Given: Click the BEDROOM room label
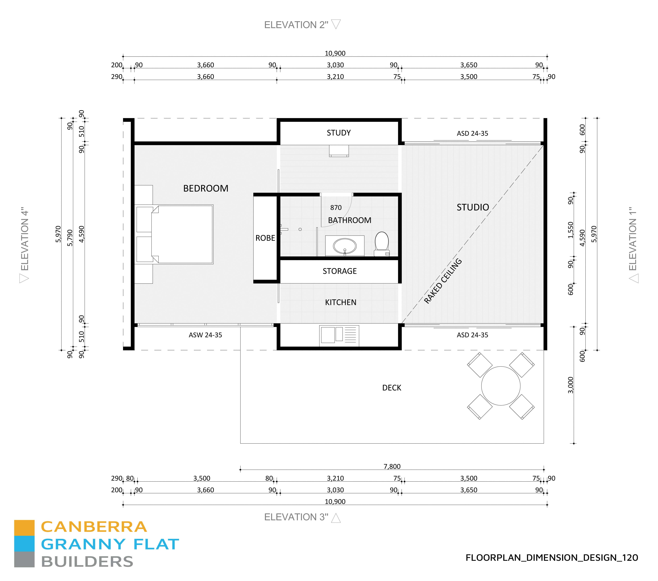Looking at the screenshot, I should click(206, 188).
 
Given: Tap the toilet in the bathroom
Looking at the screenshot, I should click(382, 243).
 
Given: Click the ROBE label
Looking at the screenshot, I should click(265, 238).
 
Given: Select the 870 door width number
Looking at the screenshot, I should click(336, 208).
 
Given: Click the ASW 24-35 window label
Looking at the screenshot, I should click(205, 335).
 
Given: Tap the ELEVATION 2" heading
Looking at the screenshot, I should click(296, 25).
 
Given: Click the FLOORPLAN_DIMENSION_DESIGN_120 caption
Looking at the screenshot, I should click(551, 557).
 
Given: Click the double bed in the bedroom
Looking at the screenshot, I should click(182, 234).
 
